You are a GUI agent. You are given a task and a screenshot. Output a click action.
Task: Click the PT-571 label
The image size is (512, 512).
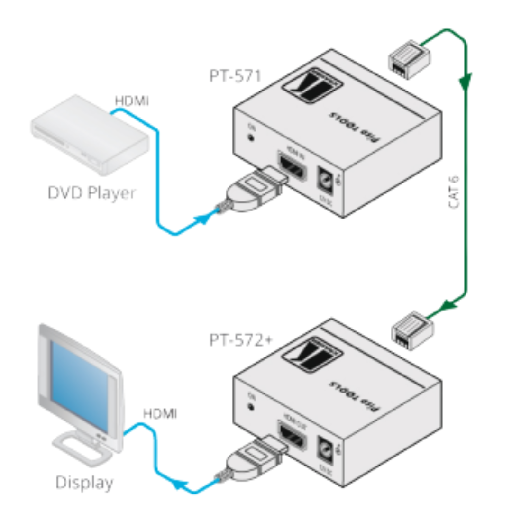235,75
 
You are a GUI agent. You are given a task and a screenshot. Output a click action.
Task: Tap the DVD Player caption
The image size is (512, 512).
91,193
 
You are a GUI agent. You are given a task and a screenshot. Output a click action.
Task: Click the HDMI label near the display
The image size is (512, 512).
160,413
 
